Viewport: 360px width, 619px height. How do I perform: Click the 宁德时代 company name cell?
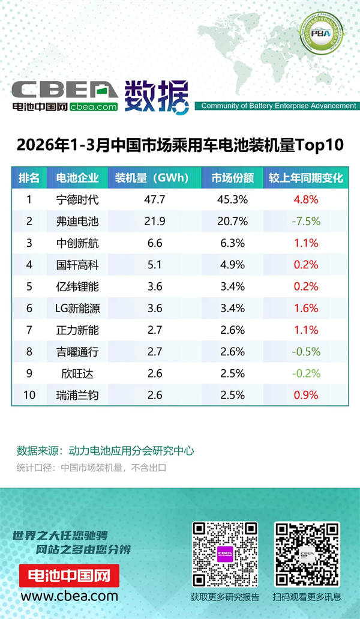point(77,199)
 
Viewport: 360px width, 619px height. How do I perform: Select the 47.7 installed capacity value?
point(155,199)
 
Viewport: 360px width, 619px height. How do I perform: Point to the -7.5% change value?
point(305,222)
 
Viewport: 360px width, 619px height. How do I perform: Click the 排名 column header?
point(29,178)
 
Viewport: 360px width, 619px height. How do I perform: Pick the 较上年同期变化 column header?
point(305,178)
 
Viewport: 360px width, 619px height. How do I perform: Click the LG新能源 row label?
point(77,309)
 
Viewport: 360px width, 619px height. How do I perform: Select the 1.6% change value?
point(306,309)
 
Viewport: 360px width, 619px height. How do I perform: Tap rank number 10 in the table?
point(29,395)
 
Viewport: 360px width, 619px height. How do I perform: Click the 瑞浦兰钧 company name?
point(77,395)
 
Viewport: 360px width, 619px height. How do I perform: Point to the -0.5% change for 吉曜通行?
point(305,352)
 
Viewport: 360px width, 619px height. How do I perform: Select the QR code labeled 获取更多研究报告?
point(225,553)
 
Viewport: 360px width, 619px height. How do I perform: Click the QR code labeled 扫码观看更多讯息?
point(307,553)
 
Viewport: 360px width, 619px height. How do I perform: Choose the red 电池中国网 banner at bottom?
point(70,576)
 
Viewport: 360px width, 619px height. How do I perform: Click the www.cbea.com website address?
point(70,596)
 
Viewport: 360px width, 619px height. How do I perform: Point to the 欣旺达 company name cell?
point(77,373)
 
